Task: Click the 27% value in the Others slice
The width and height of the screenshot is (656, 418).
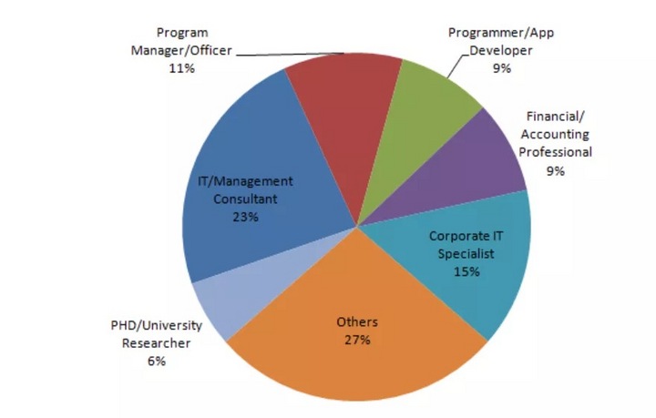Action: pos(357,341)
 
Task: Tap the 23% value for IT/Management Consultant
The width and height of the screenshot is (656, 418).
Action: pos(246,217)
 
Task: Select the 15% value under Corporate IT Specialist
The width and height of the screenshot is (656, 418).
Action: pos(466,272)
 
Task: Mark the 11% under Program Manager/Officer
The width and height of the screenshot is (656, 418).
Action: pos(182,68)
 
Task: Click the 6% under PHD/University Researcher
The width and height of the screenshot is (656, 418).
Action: pos(155,362)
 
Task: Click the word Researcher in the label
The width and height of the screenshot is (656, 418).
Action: pos(155,343)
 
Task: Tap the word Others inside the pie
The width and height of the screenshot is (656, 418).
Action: pos(357,322)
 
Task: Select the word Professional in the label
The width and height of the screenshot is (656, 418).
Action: pos(556,152)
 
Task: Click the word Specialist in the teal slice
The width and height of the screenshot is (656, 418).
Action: pos(466,254)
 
